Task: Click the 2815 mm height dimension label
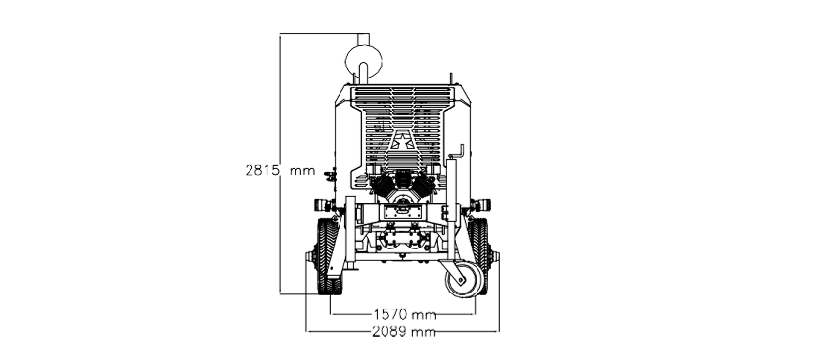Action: coord(280,170)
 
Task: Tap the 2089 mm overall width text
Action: coord(404,331)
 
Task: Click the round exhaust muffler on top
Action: coord(364,61)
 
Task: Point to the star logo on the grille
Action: coord(402,141)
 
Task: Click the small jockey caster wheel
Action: coord(464,280)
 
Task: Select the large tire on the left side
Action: coord(329,255)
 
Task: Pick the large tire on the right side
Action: coord(479,255)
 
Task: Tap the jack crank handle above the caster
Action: coord(459,153)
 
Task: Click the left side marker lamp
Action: coord(323,204)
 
